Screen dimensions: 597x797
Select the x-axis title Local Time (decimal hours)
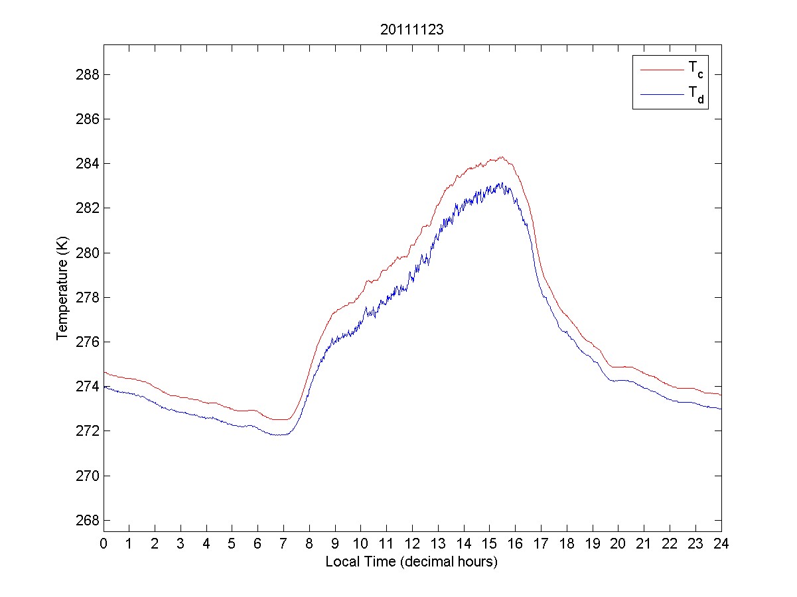point(411,562)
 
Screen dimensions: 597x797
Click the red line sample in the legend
point(661,69)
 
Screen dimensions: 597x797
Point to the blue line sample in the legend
point(661,95)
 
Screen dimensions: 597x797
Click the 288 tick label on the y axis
point(88,74)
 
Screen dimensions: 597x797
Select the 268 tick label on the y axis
point(88,520)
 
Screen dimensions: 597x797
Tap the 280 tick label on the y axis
point(88,253)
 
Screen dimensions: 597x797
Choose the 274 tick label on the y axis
point(88,387)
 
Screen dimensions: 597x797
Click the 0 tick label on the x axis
point(104,543)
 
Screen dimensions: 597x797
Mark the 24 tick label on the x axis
point(721,543)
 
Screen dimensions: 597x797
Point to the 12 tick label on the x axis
point(412,543)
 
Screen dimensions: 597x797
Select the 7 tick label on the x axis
point(283,543)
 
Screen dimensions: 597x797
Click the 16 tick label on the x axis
point(515,543)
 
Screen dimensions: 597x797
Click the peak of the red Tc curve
point(502,157)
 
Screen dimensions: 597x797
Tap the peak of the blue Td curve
point(502,183)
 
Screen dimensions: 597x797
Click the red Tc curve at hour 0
point(104,372)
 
